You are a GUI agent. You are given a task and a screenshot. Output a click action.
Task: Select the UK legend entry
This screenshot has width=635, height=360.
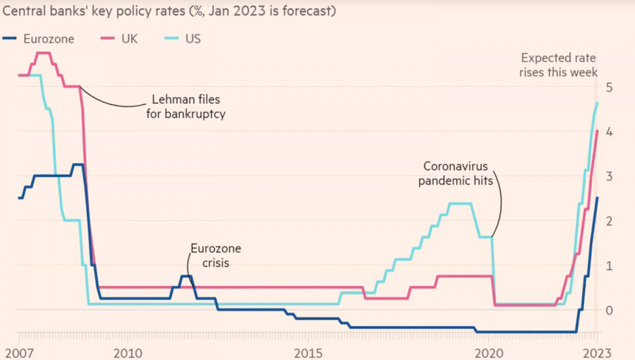coord(120,38)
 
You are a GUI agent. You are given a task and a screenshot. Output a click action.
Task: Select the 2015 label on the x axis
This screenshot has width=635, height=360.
coord(308,351)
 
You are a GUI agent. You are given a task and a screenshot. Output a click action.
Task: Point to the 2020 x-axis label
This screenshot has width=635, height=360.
coord(490,351)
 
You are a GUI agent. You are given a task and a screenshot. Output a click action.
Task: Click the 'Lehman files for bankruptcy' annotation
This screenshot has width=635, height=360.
coord(186,106)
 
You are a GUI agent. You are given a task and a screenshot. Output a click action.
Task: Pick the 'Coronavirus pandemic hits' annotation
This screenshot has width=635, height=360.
coord(456,173)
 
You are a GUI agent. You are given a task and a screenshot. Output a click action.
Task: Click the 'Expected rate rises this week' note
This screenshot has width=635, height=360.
coord(559,65)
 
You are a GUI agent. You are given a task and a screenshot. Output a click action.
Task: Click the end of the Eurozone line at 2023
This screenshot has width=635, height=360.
coord(597,198)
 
